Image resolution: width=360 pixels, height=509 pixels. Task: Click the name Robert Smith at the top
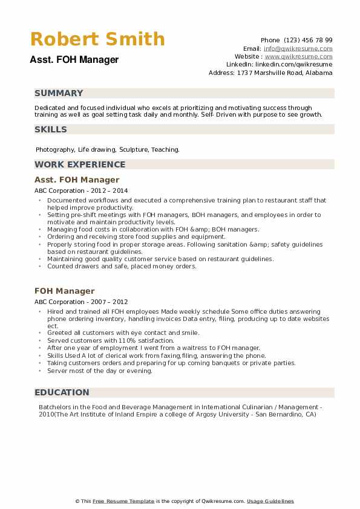click(97, 39)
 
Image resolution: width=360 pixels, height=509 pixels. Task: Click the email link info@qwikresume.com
click(298, 48)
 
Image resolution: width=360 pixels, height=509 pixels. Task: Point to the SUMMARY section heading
click(59, 93)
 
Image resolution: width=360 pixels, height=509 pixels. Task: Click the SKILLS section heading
click(51, 129)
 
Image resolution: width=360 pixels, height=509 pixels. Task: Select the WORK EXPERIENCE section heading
click(80, 164)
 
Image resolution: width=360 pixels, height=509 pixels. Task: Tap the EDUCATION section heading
click(62, 392)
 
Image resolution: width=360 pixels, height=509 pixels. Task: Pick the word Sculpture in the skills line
click(133, 149)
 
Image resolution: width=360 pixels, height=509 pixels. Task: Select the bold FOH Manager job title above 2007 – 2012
click(65, 291)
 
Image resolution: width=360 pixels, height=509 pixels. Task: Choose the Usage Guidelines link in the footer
click(270, 501)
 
